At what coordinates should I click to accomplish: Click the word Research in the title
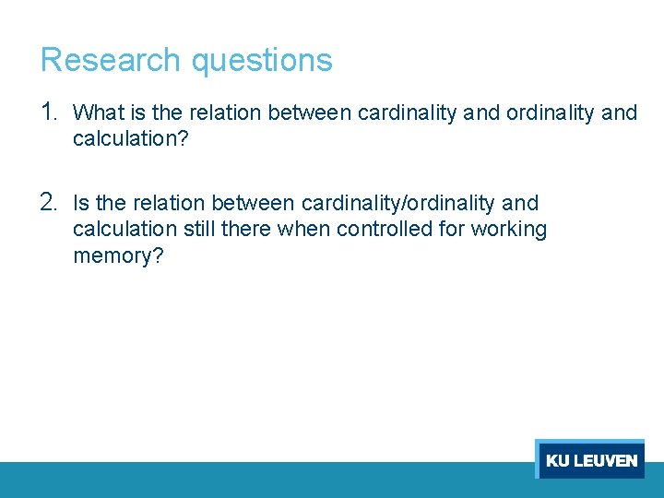pos(111,60)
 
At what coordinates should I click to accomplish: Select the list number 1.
pos(50,113)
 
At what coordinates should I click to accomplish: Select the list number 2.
pos(50,202)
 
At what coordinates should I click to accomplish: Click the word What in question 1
pos(97,113)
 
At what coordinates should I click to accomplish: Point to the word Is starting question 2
pos(81,203)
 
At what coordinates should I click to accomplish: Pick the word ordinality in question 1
pos(548,113)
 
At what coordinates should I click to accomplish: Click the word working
pos(508,230)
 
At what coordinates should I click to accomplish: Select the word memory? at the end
pos(118,255)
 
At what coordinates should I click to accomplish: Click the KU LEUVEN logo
pos(590,459)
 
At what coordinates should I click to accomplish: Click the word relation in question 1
pos(225,113)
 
